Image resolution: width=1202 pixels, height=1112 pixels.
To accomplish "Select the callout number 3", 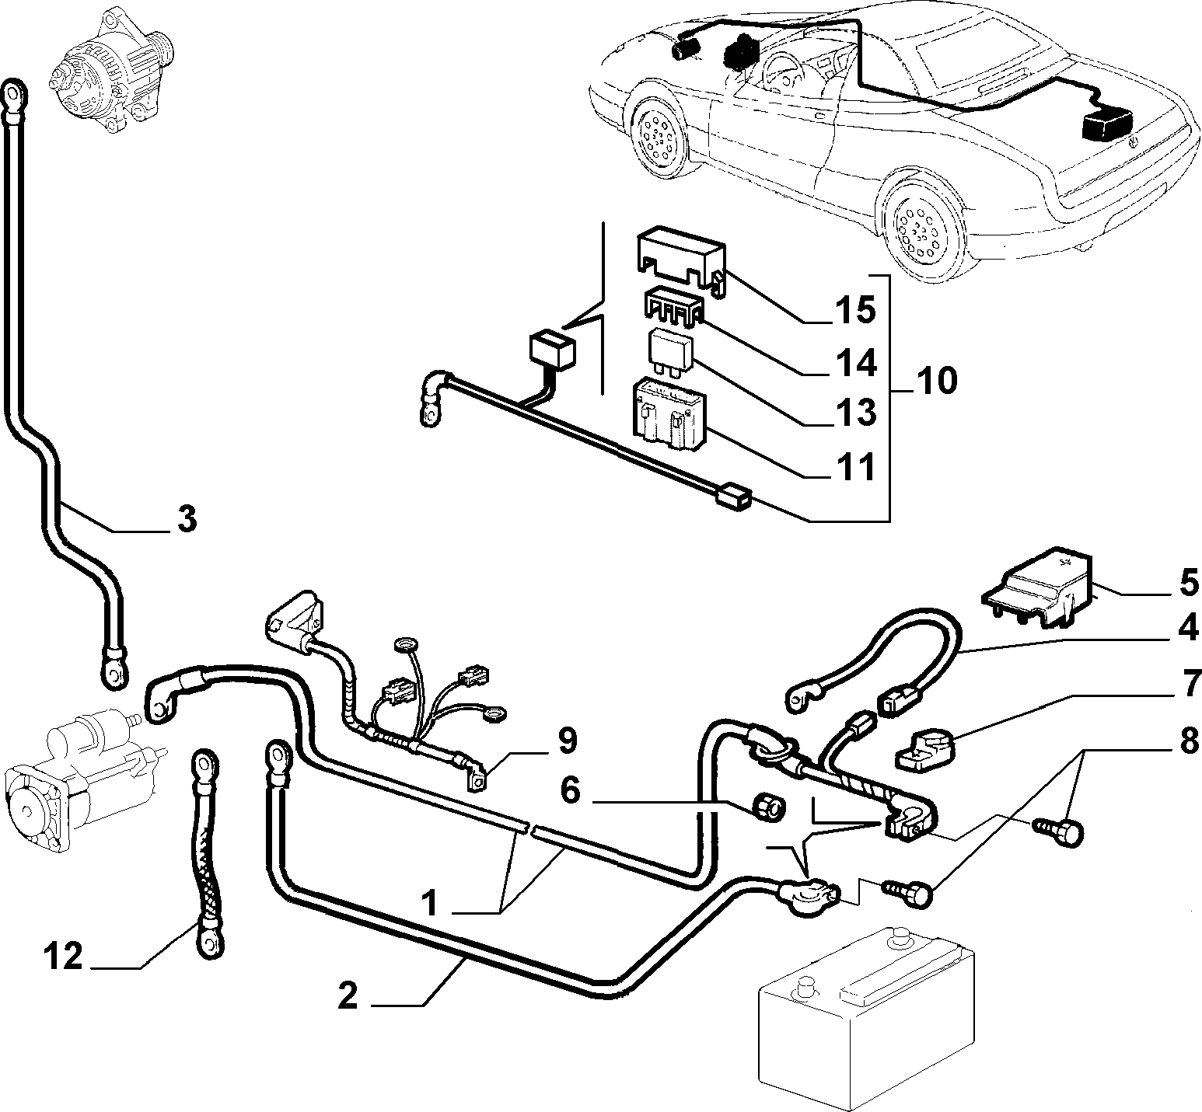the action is [x=186, y=520].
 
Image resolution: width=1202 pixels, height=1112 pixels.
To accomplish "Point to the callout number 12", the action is [x=62, y=957].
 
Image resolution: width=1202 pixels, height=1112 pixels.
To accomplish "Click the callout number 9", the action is [x=568, y=741].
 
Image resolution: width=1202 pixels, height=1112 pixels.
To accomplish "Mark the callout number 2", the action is [x=348, y=996].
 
